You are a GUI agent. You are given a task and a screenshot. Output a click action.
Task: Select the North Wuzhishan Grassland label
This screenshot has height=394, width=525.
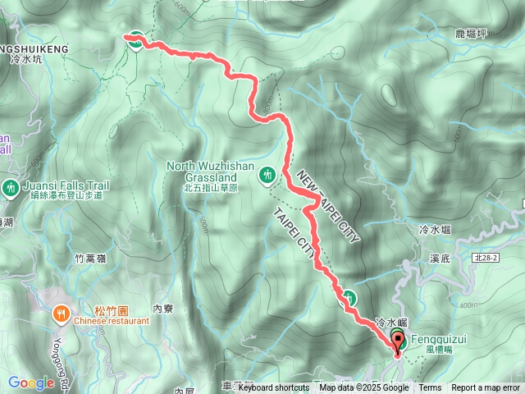212,171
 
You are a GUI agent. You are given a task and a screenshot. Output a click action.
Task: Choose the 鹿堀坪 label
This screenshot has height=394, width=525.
471,34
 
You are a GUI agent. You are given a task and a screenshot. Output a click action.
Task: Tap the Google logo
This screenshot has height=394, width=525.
30,383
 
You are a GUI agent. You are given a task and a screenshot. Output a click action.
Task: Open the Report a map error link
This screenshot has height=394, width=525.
486,388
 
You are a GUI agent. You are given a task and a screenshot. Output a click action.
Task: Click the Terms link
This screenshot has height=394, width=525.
430,388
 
